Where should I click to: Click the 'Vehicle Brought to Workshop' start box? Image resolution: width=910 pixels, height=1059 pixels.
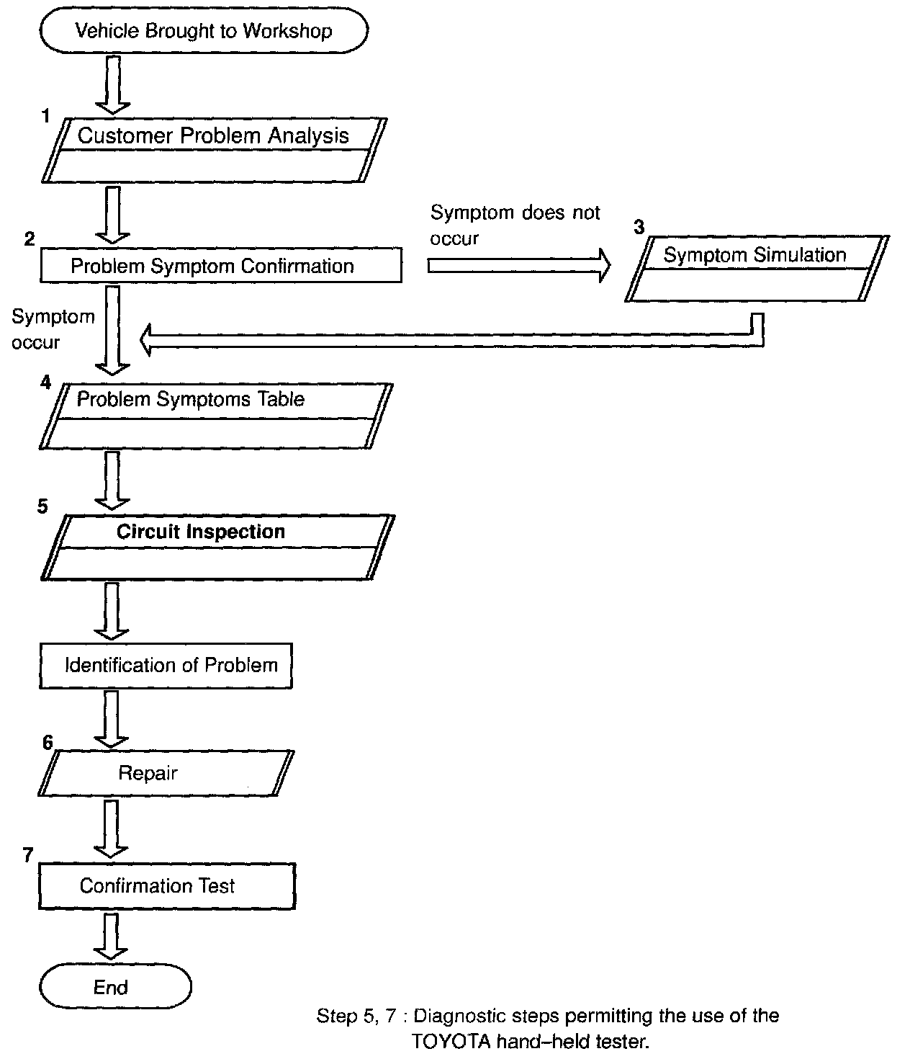coord(204,31)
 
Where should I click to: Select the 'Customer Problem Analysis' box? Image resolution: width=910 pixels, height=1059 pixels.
coord(213,150)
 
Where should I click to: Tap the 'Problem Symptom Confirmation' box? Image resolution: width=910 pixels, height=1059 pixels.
coord(220,266)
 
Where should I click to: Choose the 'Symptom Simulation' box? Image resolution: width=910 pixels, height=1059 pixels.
coord(755,268)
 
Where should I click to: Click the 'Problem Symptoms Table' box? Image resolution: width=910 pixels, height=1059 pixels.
coord(216,416)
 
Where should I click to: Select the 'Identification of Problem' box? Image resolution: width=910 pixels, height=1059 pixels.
coord(166,665)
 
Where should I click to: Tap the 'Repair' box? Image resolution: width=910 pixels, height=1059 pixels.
coord(166,773)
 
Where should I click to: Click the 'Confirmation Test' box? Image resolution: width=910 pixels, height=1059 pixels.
coord(166,885)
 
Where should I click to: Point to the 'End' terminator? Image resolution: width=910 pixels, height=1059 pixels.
coord(115,987)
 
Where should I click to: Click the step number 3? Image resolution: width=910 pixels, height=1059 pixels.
coord(638,228)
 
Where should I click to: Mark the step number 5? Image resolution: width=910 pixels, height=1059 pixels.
coord(42,506)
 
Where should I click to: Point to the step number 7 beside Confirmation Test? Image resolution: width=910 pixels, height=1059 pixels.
coord(28,855)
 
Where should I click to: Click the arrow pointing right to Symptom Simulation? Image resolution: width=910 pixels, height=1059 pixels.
coord(518,266)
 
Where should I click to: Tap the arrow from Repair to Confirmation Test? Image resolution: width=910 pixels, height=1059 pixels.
coord(112,828)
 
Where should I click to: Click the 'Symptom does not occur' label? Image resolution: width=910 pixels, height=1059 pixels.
coord(515,225)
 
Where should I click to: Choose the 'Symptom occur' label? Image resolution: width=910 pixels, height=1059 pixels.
coord(53,329)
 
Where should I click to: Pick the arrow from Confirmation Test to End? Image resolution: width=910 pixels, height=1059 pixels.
coord(112,936)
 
